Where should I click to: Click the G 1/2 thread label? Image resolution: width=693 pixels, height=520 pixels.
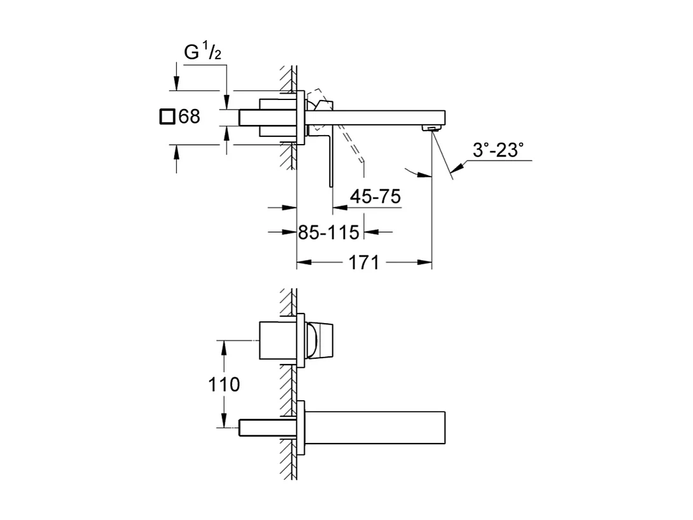pyautogui.click(x=202, y=54)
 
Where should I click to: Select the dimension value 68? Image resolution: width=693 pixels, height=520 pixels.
pyautogui.click(x=189, y=117)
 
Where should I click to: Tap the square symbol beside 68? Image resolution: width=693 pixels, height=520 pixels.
pyautogui.click(x=167, y=117)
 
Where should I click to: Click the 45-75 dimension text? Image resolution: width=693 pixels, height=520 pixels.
pyautogui.click(x=375, y=197)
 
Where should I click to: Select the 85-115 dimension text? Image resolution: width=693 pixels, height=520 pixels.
pyautogui.click(x=329, y=233)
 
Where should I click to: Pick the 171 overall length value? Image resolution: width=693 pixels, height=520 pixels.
pyautogui.click(x=365, y=262)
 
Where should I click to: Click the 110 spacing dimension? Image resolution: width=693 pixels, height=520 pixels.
pyautogui.click(x=225, y=385)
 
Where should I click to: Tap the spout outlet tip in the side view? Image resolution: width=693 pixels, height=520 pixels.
pyautogui.click(x=433, y=129)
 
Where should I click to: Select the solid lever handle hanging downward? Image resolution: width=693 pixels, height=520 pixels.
pyautogui.click(x=330, y=159)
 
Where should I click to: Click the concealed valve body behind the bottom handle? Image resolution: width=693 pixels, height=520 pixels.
pyautogui.click(x=277, y=341)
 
